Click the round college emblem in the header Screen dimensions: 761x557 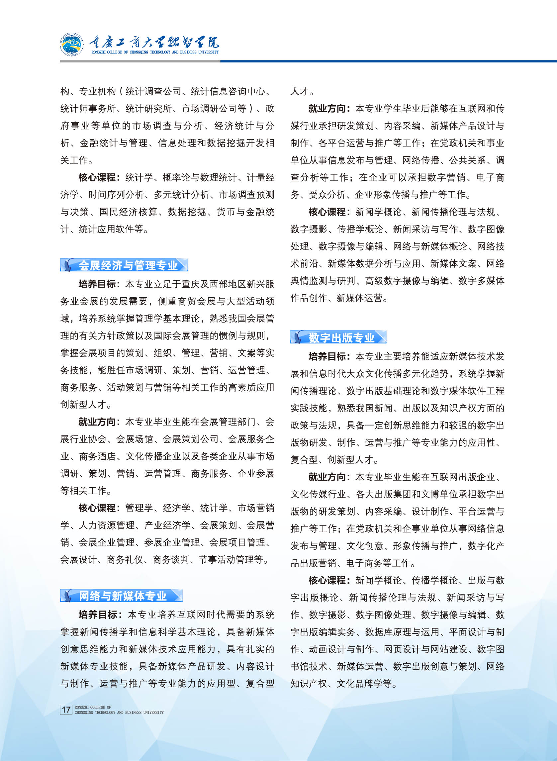coord(71,44)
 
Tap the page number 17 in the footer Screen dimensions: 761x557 coord(66,710)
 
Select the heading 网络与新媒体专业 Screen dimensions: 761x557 coord(122,596)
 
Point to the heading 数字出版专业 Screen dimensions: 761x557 coord(341,337)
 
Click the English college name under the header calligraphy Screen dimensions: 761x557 coord(155,52)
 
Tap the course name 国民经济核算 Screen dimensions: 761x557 coord(129,212)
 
